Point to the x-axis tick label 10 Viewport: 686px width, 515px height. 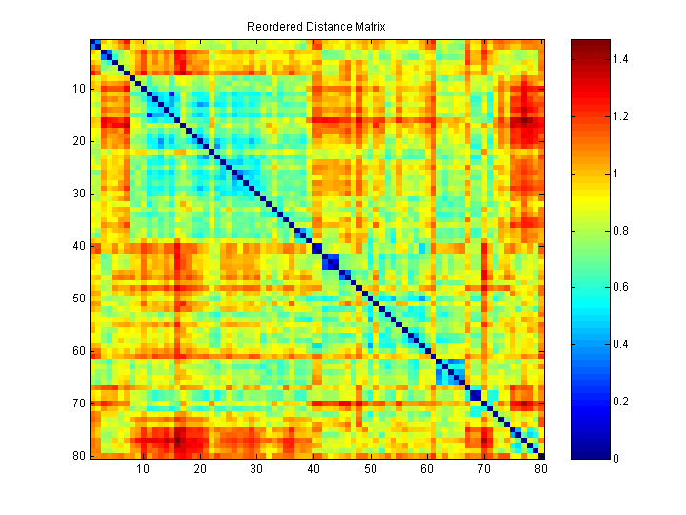tap(143, 469)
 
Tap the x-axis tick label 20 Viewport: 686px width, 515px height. tap(200, 469)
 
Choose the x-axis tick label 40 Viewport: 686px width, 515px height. tap(314, 469)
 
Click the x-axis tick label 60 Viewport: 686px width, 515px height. tap(428, 469)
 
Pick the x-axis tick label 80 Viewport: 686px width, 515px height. tap(541, 469)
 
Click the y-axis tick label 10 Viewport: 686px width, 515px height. tap(79, 89)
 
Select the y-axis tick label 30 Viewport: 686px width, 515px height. tap(79, 194)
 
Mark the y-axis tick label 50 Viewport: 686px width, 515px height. tap(79, 299)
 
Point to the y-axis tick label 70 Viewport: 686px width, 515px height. tap(79, 403)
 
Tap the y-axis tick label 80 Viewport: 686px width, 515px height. tap(79, 455)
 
